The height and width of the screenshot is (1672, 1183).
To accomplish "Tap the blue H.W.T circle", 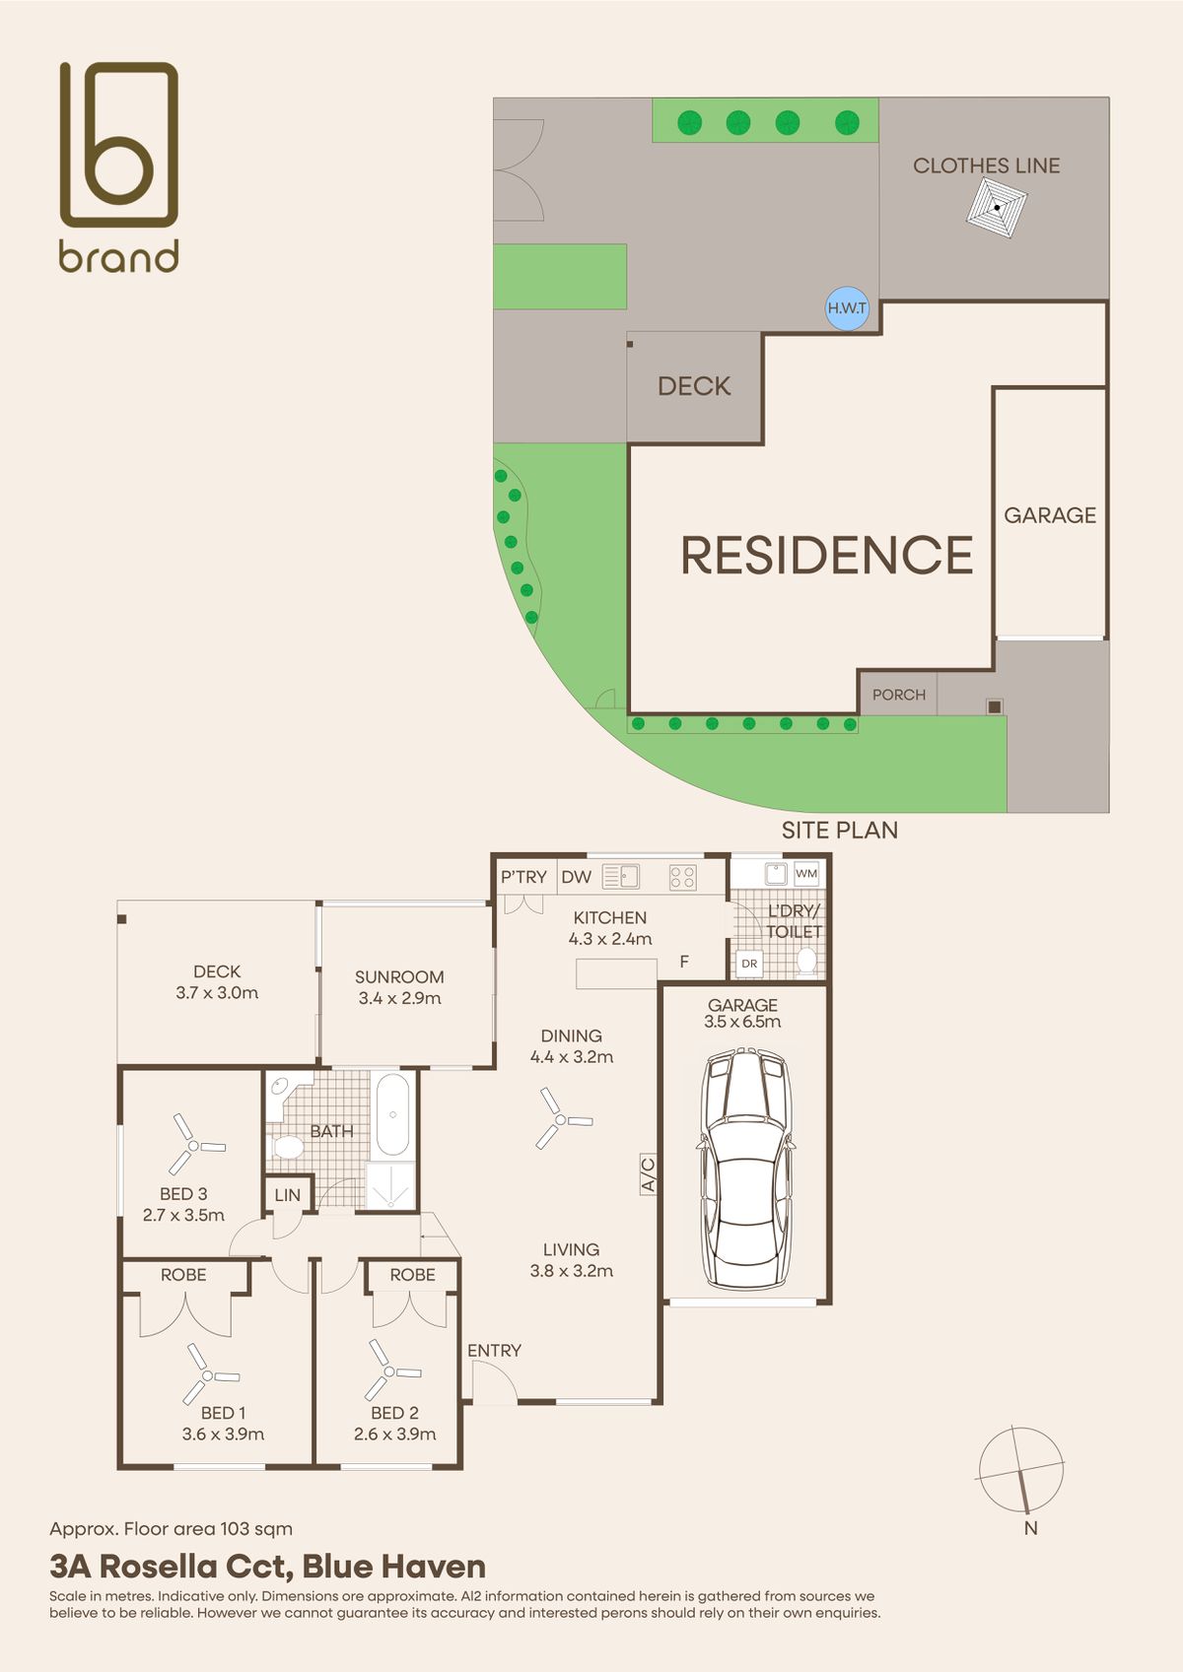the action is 848,308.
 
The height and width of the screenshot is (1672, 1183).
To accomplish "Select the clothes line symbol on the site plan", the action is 997,208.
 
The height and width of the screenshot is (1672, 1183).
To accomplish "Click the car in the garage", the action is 745,1169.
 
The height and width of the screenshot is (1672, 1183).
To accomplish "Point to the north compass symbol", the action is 1021,1470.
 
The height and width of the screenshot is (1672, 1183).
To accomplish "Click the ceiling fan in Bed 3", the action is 193,1144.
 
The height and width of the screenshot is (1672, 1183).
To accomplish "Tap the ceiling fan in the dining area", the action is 562,1118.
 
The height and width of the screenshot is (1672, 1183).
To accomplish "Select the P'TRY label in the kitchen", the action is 523,877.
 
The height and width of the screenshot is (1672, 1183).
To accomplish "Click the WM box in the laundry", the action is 806,873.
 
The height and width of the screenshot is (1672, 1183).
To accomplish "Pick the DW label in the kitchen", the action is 576,877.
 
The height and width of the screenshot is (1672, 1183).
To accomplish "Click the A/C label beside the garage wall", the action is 648,1173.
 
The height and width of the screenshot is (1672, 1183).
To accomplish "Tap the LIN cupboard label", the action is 288,1195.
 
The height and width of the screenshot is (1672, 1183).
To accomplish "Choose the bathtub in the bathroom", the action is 392,1114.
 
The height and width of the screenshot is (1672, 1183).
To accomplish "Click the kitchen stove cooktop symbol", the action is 682,877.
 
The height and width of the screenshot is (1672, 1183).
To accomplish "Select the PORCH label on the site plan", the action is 898,695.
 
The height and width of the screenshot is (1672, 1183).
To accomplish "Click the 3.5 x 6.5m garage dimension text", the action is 742,1022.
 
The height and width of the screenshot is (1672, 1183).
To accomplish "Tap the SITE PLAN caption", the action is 840,830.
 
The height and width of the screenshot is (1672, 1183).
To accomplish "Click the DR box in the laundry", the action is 749,964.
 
